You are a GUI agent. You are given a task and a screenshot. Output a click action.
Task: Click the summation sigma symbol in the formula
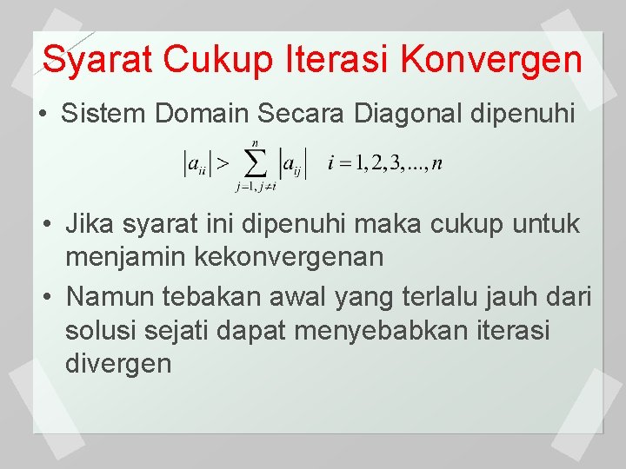point(255,162)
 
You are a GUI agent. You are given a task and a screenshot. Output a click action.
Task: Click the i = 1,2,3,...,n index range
point(383,162)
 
